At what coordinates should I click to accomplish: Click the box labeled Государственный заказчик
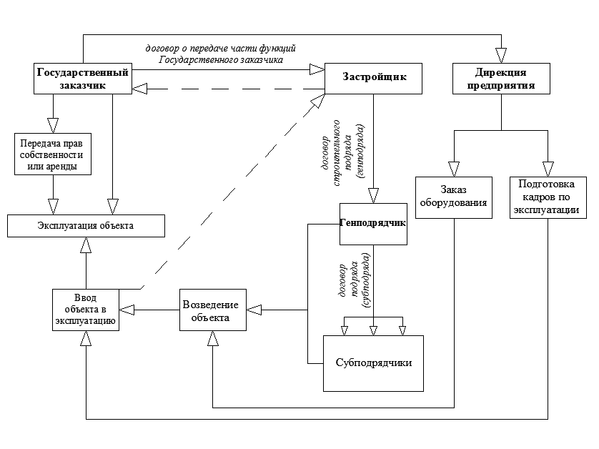83,79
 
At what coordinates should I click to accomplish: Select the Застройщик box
373,79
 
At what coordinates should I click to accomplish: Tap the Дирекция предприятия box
501,79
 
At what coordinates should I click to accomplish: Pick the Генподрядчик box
373,224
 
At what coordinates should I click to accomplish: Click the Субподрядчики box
373,363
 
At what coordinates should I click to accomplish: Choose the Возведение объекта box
213,310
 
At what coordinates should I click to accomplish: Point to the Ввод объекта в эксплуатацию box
86,310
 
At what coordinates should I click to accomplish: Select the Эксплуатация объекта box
86,226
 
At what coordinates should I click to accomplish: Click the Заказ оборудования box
454,197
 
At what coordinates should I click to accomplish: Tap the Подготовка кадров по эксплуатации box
548,197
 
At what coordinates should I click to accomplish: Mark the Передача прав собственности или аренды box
53,154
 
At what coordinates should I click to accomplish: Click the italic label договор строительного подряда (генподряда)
342,153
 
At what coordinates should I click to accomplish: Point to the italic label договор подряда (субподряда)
355,280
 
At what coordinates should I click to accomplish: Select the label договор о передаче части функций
220,49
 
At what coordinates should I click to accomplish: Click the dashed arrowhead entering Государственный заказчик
140,89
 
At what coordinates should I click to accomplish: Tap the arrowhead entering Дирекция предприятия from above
501,56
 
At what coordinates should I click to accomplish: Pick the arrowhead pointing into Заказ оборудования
454,169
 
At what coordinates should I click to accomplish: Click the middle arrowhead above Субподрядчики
373,331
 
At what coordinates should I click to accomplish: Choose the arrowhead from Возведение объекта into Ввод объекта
127,310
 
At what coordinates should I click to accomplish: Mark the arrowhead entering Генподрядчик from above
373,196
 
